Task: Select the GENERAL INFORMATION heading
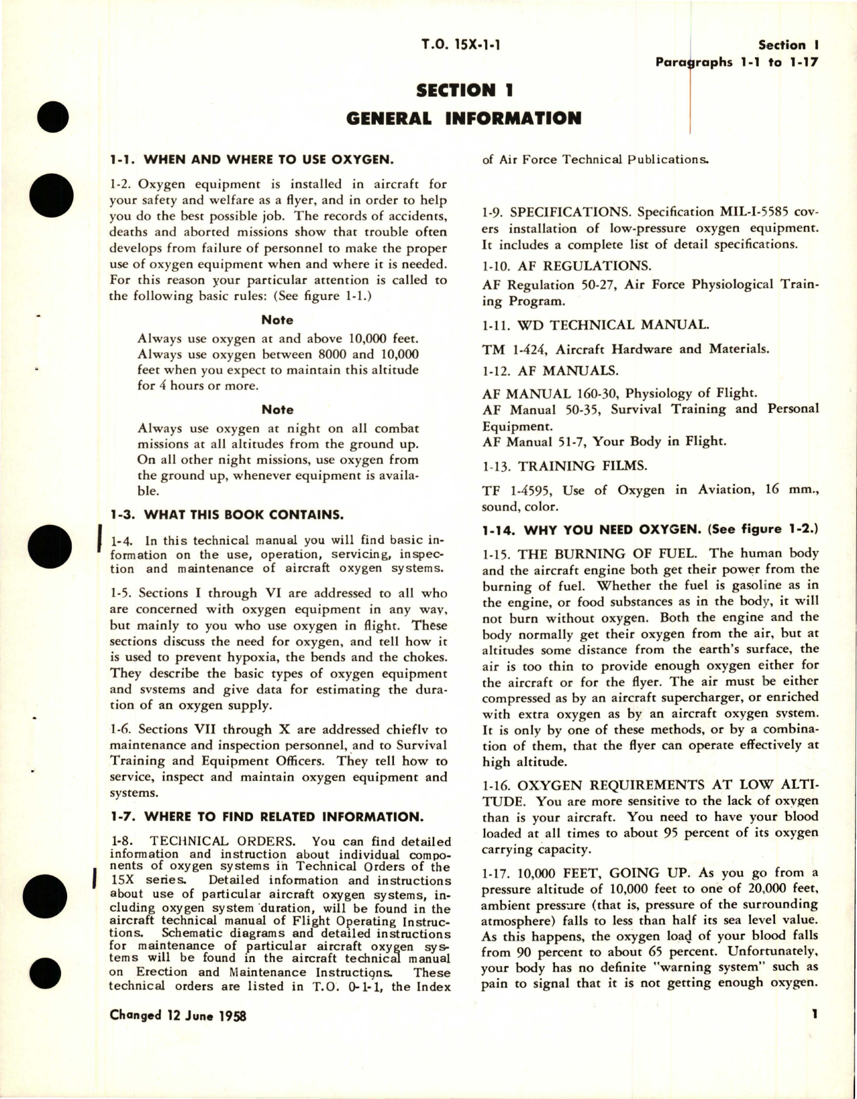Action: [x=464, y=119]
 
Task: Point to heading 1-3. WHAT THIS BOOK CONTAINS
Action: [x=226, y=515]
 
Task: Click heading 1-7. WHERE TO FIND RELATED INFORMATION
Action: [x=266, y=817]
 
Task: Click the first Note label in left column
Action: [x=277, y=320]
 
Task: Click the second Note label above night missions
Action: [x=277, y=410]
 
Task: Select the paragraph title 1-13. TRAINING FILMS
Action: [x=549, y=466]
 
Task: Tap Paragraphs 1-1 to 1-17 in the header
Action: [x=737, y=63]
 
